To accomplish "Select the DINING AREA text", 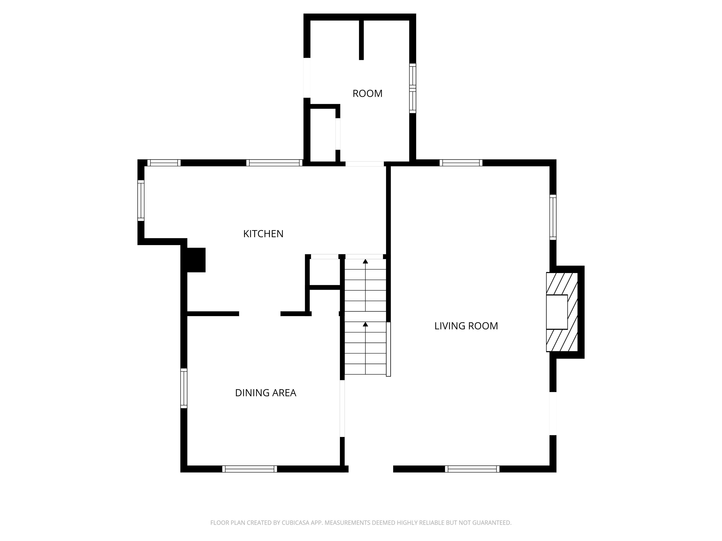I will pos(265,393).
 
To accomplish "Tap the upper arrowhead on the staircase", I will pos(365,261).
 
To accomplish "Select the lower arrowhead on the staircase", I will pos(365,324).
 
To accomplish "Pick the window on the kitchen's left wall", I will pos(141,201).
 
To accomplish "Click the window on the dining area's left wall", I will pos(184,388).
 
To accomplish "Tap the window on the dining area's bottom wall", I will pos(250,469).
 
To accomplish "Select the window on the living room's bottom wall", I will pos(472,469).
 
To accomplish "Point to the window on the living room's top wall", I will pos(461,163).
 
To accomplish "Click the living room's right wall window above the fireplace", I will pos(553,217).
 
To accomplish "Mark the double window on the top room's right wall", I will pos(412,88).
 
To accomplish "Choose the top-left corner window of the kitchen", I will pos(164,163).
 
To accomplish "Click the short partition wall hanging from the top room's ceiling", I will pos(361,40).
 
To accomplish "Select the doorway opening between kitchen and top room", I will pos(365,164).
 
